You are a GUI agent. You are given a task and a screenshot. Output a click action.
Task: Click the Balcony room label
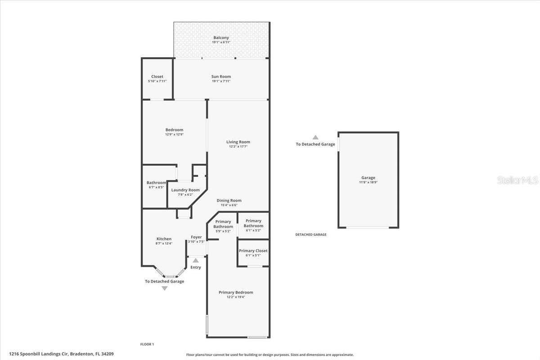tap(221, 38)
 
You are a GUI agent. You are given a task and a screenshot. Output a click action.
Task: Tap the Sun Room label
tap(221, 76)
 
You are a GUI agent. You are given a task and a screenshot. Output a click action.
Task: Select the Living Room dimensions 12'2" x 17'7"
tap(238, 146)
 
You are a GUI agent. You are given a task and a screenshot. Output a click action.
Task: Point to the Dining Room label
tap(229, 200)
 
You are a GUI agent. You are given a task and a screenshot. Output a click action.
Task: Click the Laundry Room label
tap(185, 190)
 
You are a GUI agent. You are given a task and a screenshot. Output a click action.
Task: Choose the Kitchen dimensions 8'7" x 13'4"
tap(164, 243)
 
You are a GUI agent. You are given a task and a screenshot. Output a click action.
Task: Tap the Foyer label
tap(196, 237)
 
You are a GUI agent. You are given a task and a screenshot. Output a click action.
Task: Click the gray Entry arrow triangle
tap(195, 261)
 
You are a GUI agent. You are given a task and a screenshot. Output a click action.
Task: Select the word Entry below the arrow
tap(195, 267)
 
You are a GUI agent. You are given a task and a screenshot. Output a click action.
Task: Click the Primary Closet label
tap(253, 251)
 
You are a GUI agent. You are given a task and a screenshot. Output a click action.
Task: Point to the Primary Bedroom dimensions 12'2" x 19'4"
tap(236, 297)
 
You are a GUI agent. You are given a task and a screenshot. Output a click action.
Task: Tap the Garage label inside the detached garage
tap(368, 178)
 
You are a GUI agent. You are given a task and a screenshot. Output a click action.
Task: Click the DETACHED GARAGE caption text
tap(311, 234)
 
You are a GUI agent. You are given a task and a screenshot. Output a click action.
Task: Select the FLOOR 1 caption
tap(147, 344)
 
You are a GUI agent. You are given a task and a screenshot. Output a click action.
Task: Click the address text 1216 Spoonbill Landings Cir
tap(39, 354)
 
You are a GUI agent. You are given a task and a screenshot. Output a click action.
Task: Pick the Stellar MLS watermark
tap(517, 180)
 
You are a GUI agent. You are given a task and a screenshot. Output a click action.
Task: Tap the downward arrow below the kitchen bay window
tap(164, 288)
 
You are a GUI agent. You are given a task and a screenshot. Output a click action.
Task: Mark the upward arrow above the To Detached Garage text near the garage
tap(315, 137)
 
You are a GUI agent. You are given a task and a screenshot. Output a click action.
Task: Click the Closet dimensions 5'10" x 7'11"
tap(157, 81)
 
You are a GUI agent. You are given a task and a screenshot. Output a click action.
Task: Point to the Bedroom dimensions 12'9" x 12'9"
tap(174, 134)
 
